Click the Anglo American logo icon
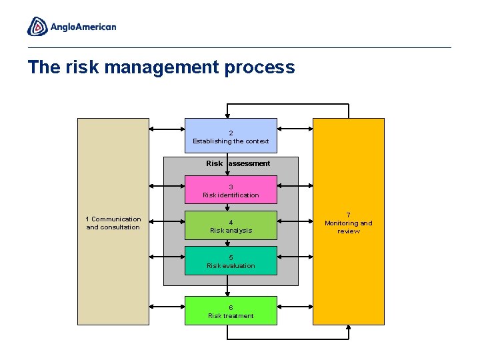(x=37, y=26)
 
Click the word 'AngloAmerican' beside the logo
(x=83, y=27)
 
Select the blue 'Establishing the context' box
(x=231, y=136)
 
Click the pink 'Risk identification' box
(x=231, y=190)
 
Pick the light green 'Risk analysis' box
(x=231, y=225)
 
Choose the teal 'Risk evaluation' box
(x=231, y=261)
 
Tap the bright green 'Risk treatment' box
(x=231, y=311)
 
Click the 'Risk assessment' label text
(x=238, y=163)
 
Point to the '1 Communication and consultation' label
(x=113, y=223)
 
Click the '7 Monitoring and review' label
(x=349, y=223)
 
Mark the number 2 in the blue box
(x=231, y=133)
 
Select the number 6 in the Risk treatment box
(x=231, y=307)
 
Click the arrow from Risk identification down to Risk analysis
(x=228, y=207)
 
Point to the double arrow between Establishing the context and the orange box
(x=295, y=129)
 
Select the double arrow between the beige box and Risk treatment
(x=167, y=308)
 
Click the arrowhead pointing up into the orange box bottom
(x=349, y=328)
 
